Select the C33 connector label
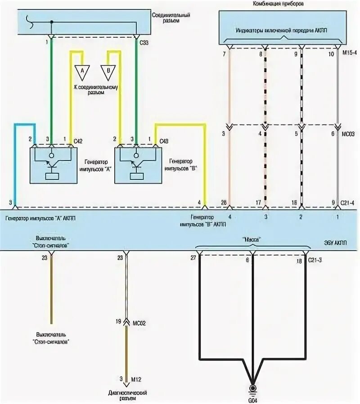(x=145, y=42)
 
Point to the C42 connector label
(x=77, y=141)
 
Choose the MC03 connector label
(x=348, y=134)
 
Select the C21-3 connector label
(x=315, y=260)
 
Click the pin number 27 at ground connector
(x=193, y=258)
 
